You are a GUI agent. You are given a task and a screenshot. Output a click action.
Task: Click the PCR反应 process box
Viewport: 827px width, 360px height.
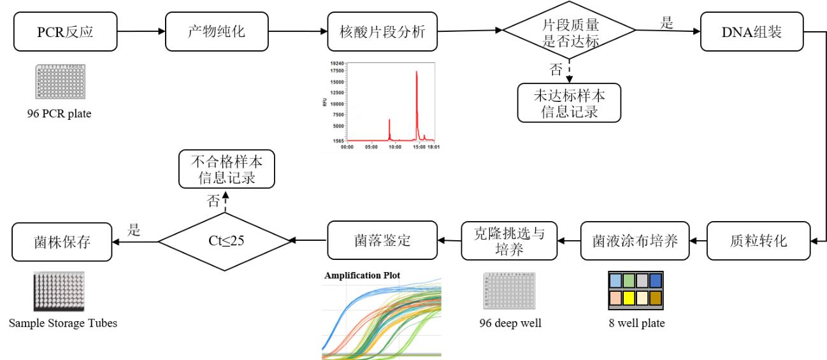pos(65,31)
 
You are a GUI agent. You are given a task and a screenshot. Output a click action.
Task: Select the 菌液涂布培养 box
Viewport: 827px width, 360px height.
pos(635,241)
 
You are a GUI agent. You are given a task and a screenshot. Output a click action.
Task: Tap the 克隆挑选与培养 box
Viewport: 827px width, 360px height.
pos(509,241)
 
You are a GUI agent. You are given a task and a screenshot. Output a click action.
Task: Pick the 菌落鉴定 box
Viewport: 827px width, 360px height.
pos(383,241)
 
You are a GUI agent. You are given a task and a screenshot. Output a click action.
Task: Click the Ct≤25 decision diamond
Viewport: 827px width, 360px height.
pos(224,241)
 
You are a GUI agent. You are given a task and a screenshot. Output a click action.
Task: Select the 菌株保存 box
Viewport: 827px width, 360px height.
pos(62,241)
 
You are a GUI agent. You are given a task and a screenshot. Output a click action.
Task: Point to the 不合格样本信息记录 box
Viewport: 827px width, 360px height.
pos(226,168)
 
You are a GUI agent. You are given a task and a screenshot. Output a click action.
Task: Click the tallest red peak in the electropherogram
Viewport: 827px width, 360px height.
pos(417,73)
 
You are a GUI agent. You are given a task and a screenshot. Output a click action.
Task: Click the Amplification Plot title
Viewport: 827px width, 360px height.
pos(362,276)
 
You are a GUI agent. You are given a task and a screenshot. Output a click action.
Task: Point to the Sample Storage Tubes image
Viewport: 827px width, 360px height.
pos(59,291)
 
